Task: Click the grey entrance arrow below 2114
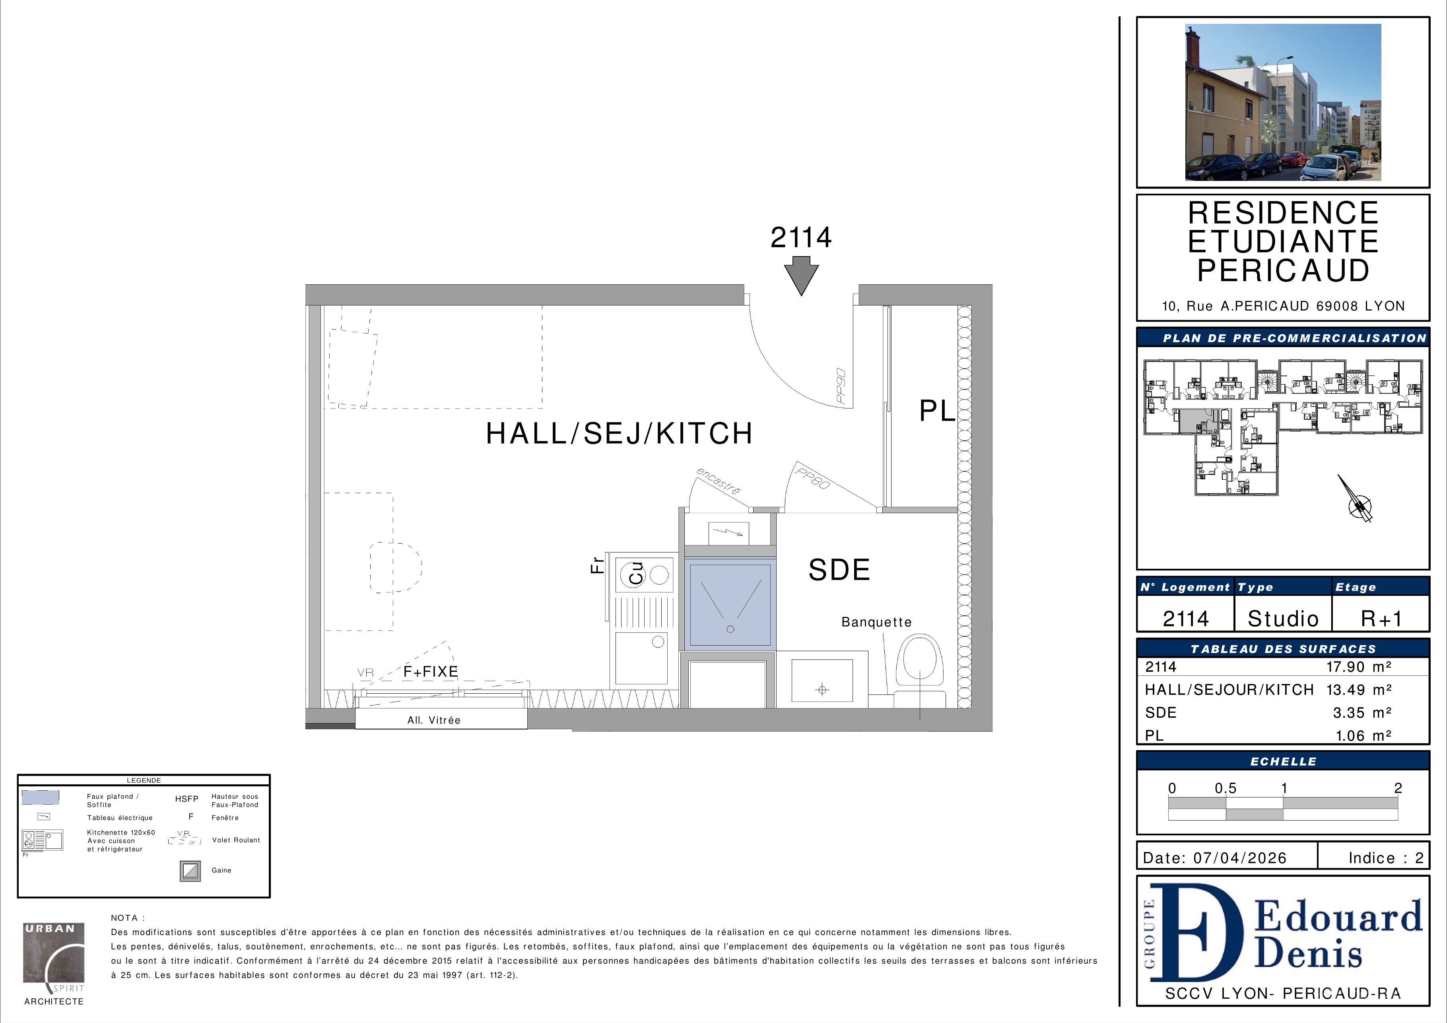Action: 801,278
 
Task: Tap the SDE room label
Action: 839,570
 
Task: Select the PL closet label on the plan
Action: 937,411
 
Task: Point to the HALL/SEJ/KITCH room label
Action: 620,434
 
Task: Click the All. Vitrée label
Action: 434,720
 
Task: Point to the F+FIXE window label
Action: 431,672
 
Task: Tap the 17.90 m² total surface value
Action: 1359,667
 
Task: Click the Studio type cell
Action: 1283,618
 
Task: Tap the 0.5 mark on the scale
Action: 1226,788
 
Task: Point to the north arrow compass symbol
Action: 1356,499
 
